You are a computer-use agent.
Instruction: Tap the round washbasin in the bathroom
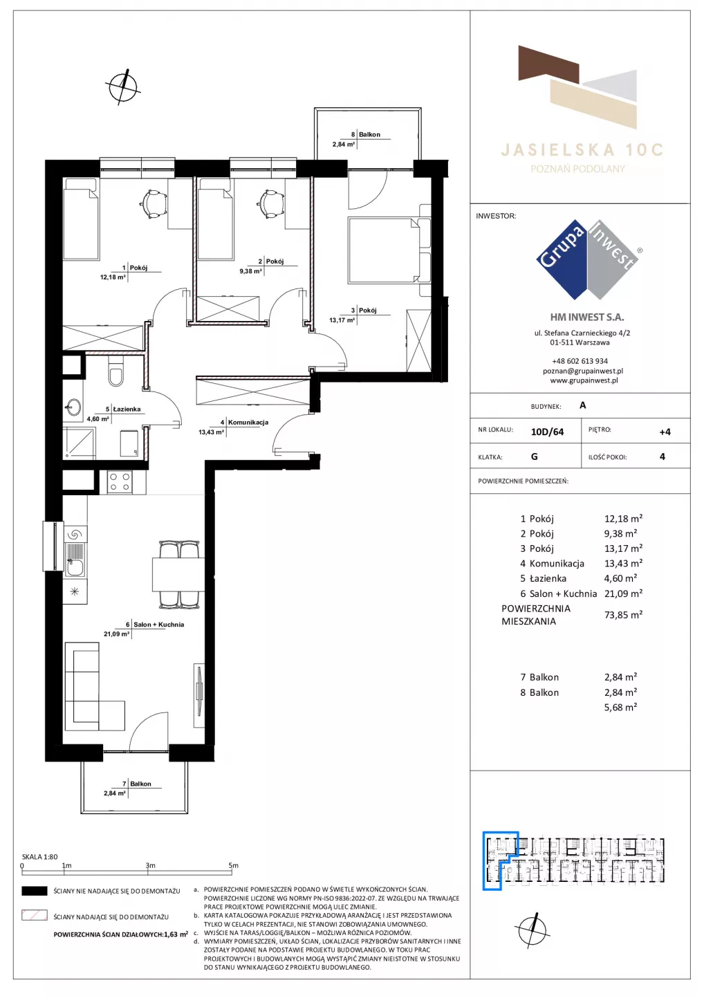pyautogui.click(x=73, y=407)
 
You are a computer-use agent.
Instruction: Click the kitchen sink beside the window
pyautogui.click(x=75, y=560)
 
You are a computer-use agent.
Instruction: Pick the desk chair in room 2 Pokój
pyautogui.click(x=270, y=203)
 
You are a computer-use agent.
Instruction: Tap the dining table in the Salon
pyautogui.click(x=178, y=574)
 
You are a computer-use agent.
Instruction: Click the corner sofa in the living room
pyautogui.click(x=94, y=687)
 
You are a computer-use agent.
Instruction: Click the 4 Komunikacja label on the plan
pyautogui.click(x=244, y=422)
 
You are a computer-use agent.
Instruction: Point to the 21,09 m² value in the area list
pyautogui.click(x=623, y=593)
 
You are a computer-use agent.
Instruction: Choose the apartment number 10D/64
pyautogui.click(x=547, y=432)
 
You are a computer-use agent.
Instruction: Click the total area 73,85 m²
pyautogui.click(x=623, y=614)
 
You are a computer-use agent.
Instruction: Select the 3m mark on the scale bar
pyautogui.click(x=150, y=865)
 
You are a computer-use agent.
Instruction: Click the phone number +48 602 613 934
pyautogui.click(x=580, y=361)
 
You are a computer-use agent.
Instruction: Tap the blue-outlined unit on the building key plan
pyautogui.click(x=500, y=861)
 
